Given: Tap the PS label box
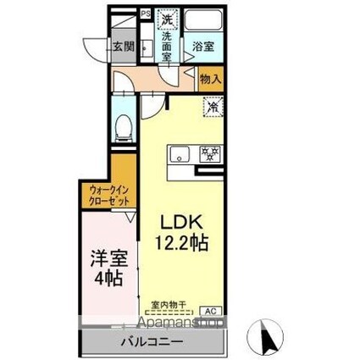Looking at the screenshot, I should pyautogui.click(x=145, y=14).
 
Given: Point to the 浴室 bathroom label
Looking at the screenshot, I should pyautogui.click(x=202, y=47).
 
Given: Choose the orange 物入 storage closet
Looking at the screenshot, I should pyautogui.click(x=210, y=80).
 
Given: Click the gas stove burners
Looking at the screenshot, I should pyautogui.click(x=208, y=154).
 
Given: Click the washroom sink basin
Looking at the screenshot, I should pyautogui.click(x=147, y=47).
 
